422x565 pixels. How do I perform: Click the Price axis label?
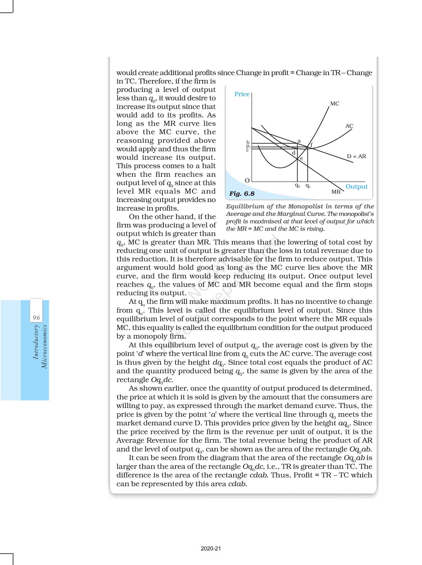coord(242,94)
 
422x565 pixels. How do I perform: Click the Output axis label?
coord(356,186)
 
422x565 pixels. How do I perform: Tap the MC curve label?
coord(334,104)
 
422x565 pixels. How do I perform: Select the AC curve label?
coord(349,126)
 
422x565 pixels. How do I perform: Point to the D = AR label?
coord(356,156)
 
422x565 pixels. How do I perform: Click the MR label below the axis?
coord(336,192)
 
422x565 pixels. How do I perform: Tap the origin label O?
coord(247,181)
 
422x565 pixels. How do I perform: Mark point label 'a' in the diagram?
coord(299,141)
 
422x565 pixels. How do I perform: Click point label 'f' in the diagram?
coord(311,145)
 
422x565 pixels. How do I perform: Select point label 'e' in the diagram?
coord(302,159)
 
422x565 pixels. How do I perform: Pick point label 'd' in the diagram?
coord(293,153)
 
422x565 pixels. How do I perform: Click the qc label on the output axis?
coord(308,186)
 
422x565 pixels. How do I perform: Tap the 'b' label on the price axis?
coord(248,142)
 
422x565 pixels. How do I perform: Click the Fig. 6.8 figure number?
coord(242,194)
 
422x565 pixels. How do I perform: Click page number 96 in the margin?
coord(36,318)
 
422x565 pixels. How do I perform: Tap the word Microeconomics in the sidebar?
coord(44,347)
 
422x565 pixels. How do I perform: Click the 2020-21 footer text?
coord(211,548)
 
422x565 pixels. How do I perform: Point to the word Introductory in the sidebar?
coord(36,342)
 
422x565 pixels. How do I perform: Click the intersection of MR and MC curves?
coord(297,161)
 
